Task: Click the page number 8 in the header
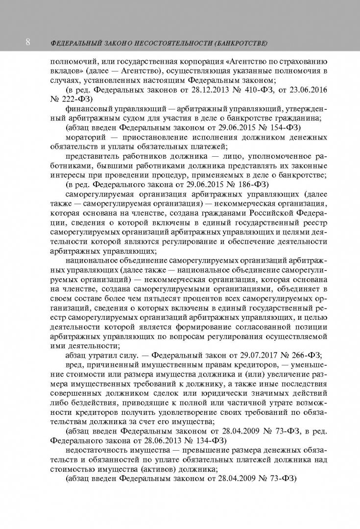[x=28, y=43]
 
